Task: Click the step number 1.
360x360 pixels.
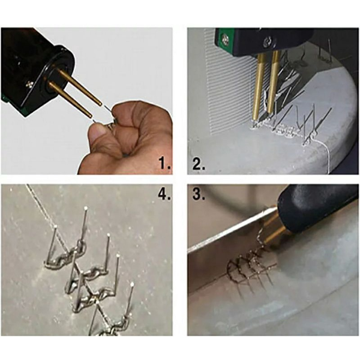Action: (x=165, y=163)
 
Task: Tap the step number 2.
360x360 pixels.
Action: (x=199, y=163)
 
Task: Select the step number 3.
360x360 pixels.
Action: (x=199, y=194)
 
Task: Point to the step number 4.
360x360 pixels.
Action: (x=165, y=194)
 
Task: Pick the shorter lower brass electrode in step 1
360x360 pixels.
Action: (x=70, y=100)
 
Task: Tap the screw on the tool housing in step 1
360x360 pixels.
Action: (x=29, y=85)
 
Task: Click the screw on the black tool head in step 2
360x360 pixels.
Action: (x=267, y=42)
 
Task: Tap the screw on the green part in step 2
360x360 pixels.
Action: (x=223, y=38)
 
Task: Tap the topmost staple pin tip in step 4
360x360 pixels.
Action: (x=86, y=208)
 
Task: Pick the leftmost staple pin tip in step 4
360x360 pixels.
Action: (x=55, y=227)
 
